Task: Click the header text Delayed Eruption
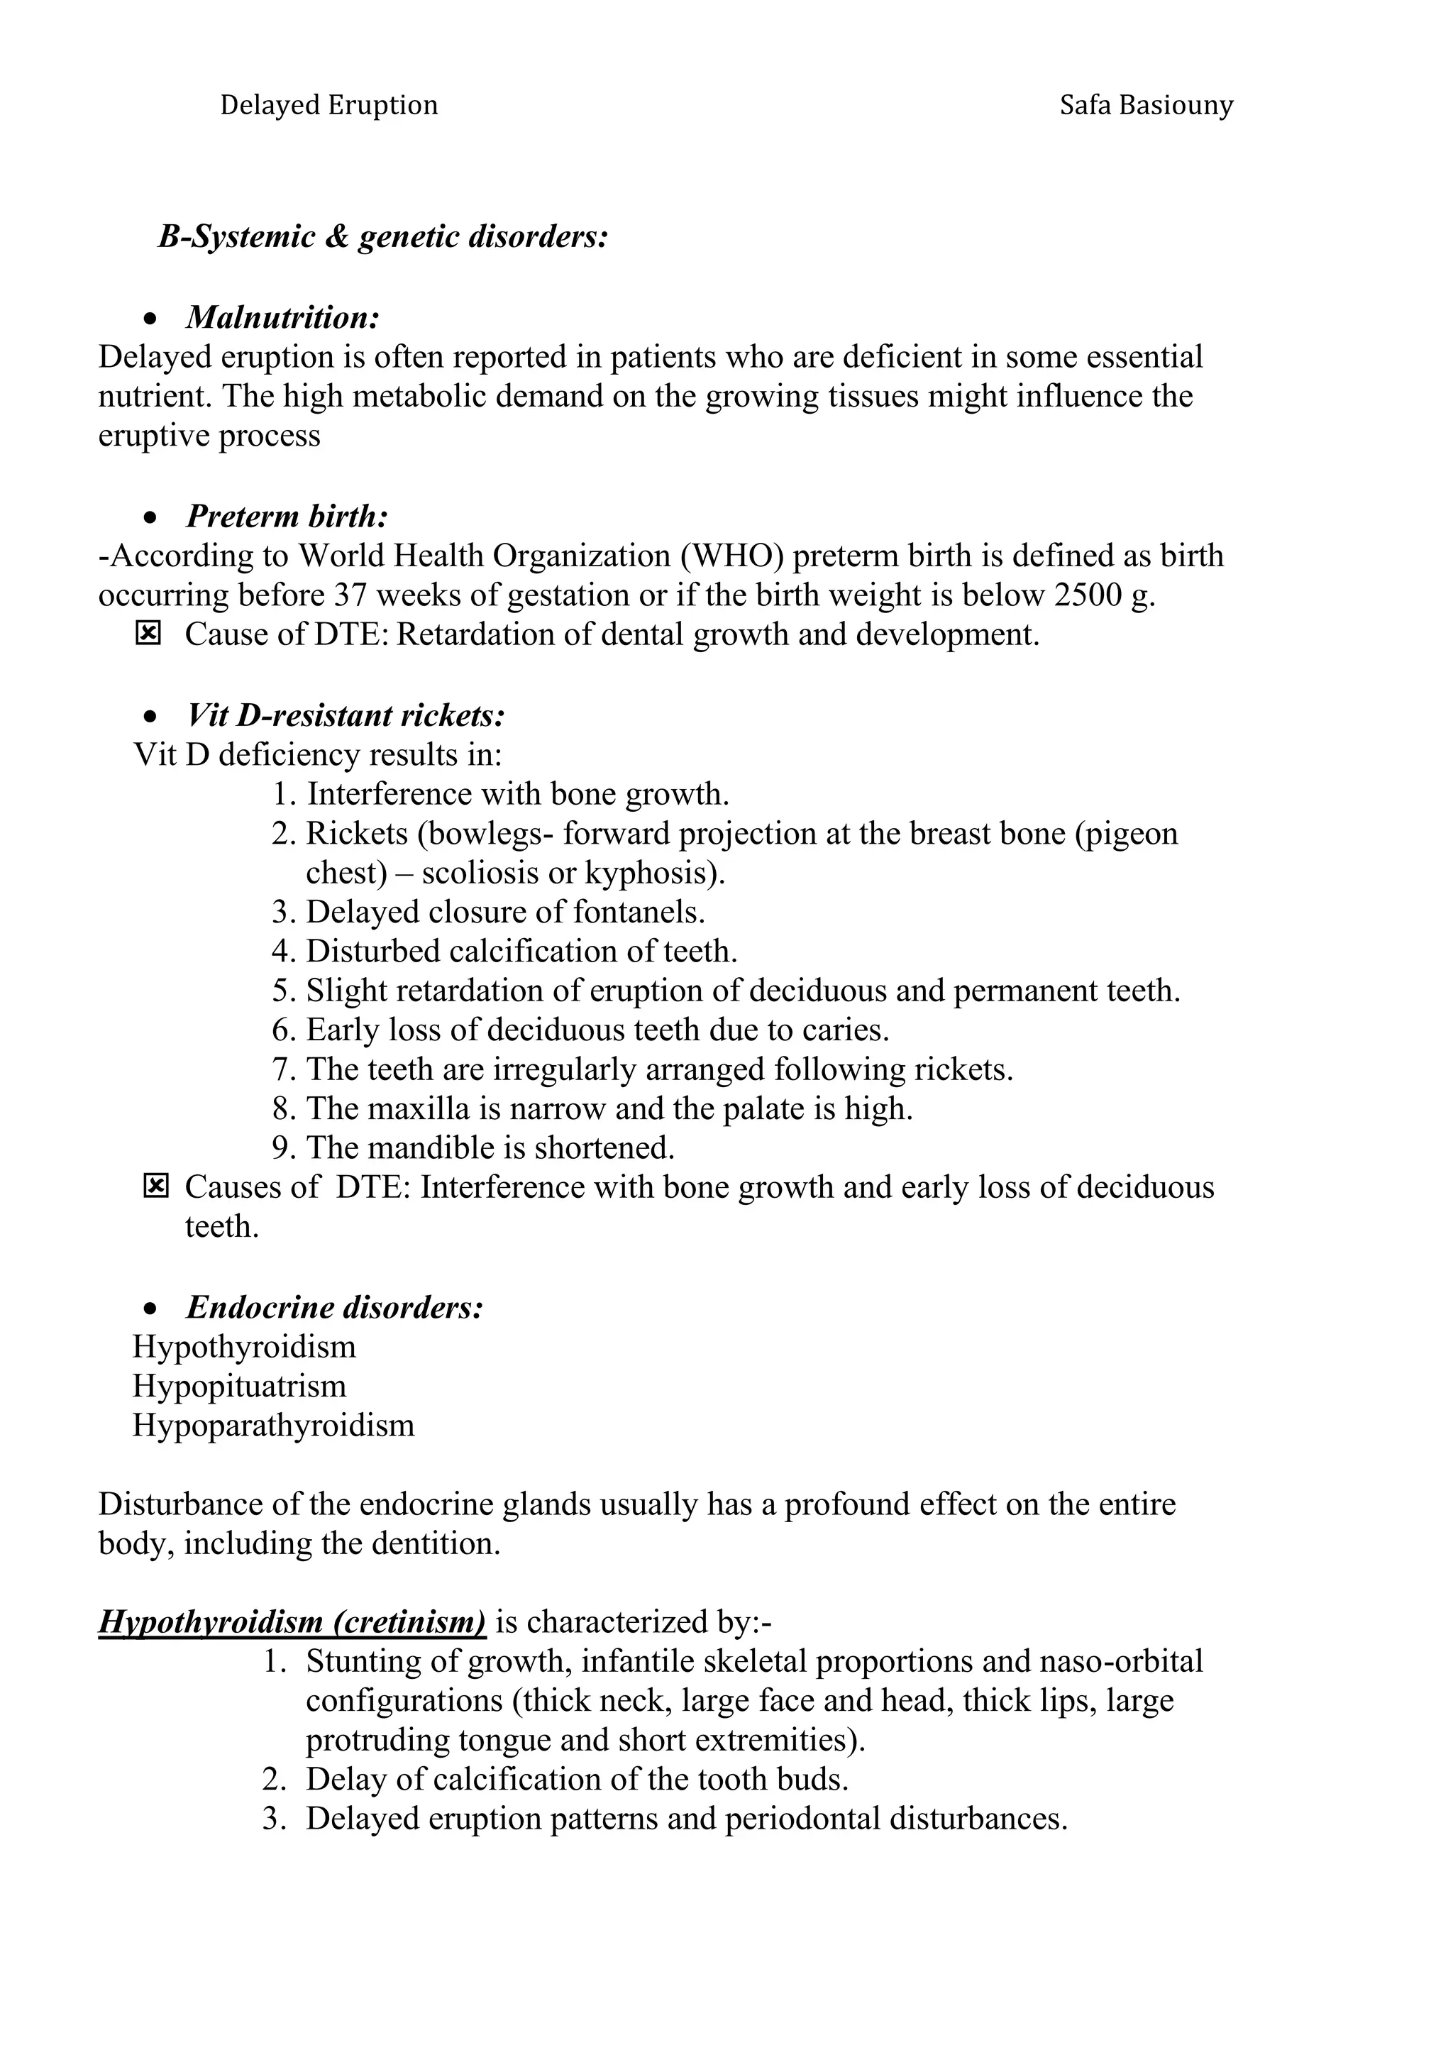pyautogui.click(x=328, y=106)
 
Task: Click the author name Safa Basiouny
pyautogui.click(x=1146, y=106)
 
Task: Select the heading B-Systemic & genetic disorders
pyautogui.click(x=383, y=237)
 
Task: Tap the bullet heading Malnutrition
pyautogui.click(x=283, y=318)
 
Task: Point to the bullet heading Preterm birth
pyautogui.click(x=287, y=517)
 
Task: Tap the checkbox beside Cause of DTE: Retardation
pyautogui.click(x=148, y=634)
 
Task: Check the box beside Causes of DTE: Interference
pyautogui.click(x=155, y=1187)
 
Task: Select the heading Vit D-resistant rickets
pyautogui.click(x=346, y=715)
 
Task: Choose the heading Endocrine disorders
pyautogui.click(x=335, y=1308)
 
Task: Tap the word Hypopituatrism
pyautogui.click(x=239, y=1387)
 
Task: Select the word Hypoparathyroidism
pyautogui.click(x=273, y=1426)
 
